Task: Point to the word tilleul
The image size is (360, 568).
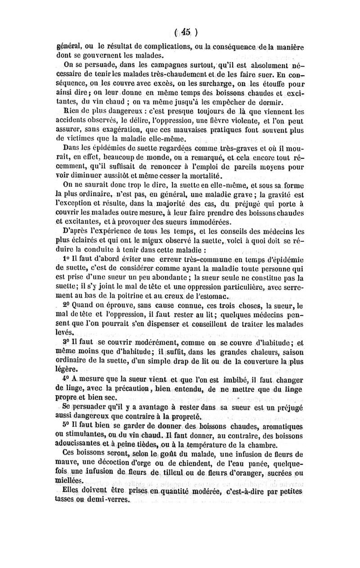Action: point(175,473)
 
